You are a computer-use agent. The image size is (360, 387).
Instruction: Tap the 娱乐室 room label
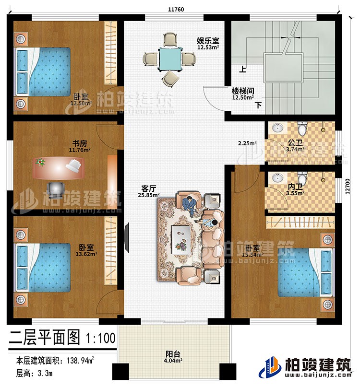(x=207, y=40)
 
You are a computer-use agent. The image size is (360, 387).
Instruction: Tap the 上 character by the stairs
(x=243, y=69)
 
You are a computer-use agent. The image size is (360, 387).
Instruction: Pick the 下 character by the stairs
(x=259, y=105)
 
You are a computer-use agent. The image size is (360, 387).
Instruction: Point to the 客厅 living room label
(x=147, y=188)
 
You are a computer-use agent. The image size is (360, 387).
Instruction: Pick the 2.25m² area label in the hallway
(x=248, y=142)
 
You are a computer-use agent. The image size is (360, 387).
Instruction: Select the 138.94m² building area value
(x=82, y=359)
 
